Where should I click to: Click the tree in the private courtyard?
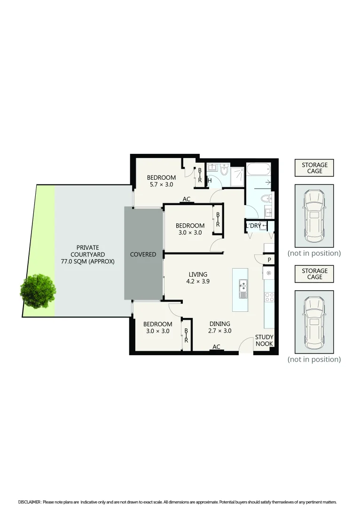(x=38, y=291)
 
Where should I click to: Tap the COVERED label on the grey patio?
(x=143, y=254)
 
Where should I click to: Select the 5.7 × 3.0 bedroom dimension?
(x=161, y=184)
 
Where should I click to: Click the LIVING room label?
(x=198, y=274)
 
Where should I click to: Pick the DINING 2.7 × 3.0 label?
(x=219, y=327)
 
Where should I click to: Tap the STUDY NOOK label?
(x=264, y=341)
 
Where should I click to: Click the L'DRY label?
(x=253, y=226)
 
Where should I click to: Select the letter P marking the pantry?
(x=269, y=260)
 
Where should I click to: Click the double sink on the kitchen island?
(x=243, y=289)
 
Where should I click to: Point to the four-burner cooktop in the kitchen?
(x=270, y=297)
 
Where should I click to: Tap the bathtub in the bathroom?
(x=258, y=168)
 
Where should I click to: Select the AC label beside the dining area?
(x=216, y=347)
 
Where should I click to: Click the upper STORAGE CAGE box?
(x=314, y=168)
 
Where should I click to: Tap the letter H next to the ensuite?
(x=210, y=181)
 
